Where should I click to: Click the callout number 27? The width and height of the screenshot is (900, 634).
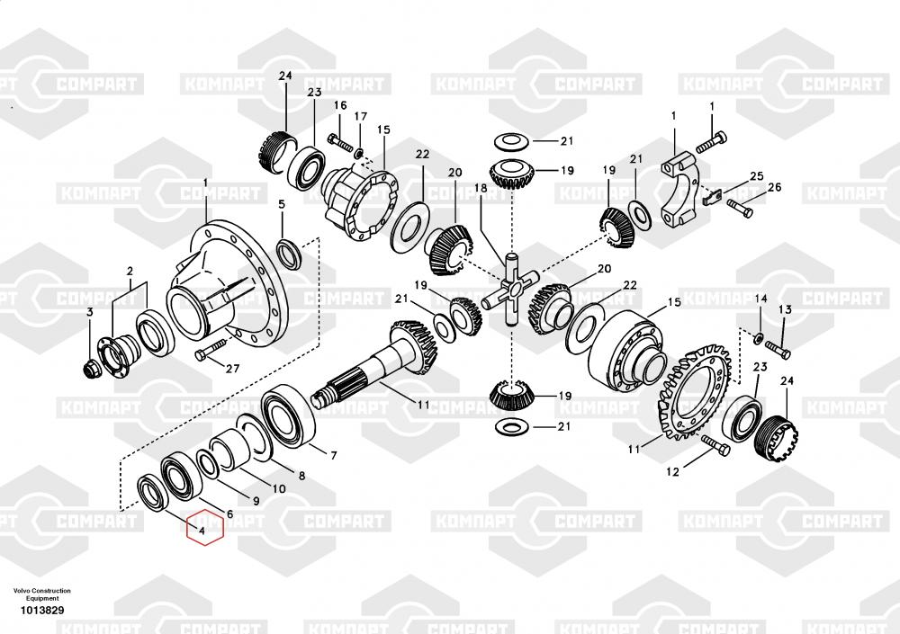click(232, 369)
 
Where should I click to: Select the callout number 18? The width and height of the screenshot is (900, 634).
click(481, 188)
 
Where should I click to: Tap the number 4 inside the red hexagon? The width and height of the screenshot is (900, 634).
click(202, 531)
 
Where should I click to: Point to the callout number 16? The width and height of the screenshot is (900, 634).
click(340, 105)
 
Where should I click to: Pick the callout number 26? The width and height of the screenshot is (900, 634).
click(774, 187)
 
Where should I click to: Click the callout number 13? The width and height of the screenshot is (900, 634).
click(785, 310)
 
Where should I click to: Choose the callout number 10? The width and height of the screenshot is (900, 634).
click(279, 489)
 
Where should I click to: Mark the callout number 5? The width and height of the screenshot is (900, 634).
click(281, 204)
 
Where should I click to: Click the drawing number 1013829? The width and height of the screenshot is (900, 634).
click(42, 611)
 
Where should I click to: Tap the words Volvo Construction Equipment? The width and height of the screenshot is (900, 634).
click(42, 594)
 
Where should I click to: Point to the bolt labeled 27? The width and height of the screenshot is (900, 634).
click(211, 350)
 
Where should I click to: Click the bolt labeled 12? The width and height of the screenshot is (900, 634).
click(715, 444)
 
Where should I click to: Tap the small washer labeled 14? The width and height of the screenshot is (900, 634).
click(759, 338)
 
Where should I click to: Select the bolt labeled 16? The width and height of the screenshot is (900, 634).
click(340, 142)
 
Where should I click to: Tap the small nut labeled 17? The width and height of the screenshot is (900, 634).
click(359, 153)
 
